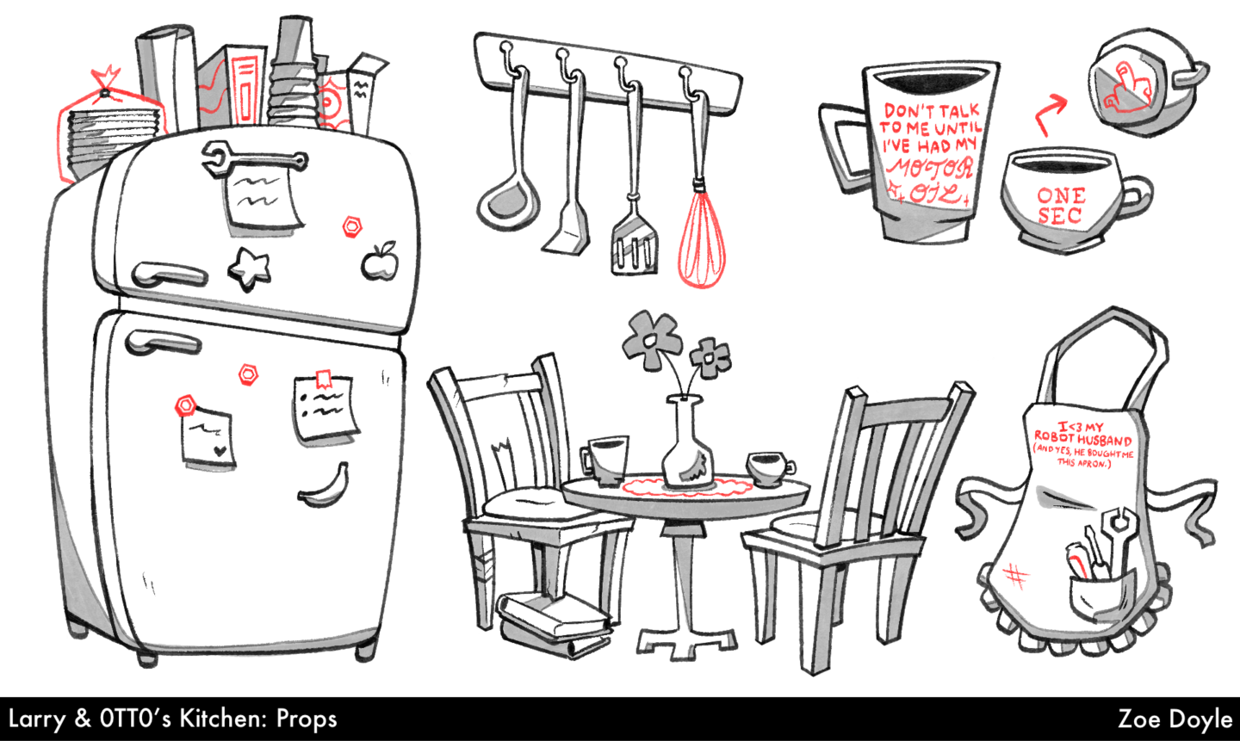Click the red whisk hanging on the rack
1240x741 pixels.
pos(701,232)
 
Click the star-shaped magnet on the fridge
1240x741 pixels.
pos(250,269)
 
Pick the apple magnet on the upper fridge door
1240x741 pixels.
pos(380,262)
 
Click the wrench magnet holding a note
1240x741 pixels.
pos(253,158)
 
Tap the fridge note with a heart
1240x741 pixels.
pos(208,438)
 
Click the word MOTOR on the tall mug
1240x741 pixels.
pos(930,167)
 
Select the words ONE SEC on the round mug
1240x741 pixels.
pos(1061,206)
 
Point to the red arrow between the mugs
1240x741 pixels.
pos(1049,114)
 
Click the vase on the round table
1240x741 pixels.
pos(687,442)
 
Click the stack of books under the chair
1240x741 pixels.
pos(555,622)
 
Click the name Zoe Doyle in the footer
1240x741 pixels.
pos(1175,719)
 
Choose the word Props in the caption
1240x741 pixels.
pos(307,719)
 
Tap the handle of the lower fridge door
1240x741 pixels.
pos(163,342)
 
